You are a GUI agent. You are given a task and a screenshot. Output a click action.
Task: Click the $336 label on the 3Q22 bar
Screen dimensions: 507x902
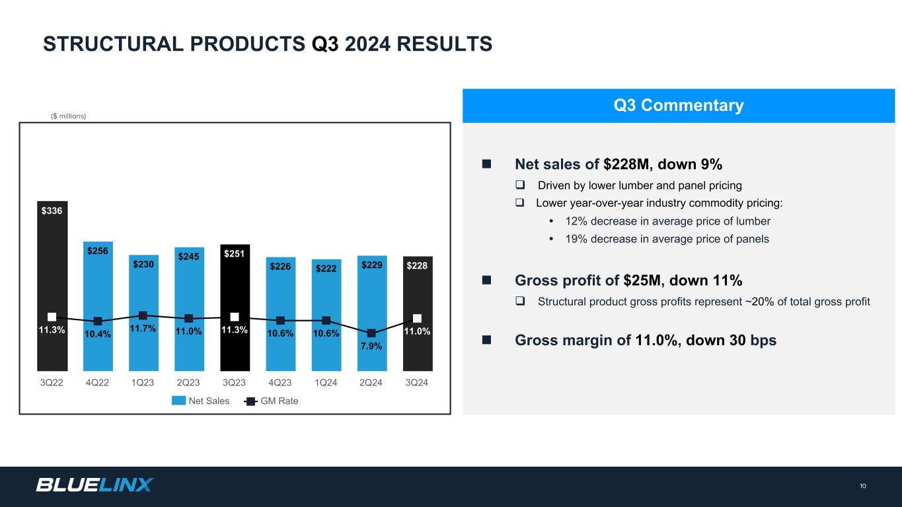(x=52, y=211)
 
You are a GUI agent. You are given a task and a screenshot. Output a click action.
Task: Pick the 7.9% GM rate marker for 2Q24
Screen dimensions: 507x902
(x=371, y=333)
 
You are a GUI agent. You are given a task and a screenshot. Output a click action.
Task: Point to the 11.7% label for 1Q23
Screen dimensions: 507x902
(x=143, y=328)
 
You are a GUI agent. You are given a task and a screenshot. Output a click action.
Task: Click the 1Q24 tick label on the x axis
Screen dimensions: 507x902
(x=326, y=383)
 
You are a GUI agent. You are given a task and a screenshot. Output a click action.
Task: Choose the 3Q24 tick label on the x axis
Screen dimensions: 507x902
(x=418, y=383)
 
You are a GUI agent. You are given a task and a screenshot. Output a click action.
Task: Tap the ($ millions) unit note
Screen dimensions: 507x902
(x=69, y=116)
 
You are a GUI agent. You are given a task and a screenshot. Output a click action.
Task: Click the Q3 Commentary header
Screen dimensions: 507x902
(x=678, y=106)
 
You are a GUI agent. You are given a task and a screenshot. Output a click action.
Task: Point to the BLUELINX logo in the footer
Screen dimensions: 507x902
(x=94, y=485)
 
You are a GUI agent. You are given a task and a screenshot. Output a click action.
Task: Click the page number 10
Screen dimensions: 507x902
(x=863, y=487)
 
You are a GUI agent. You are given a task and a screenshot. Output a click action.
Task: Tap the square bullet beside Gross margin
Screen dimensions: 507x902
(x=487, y=340)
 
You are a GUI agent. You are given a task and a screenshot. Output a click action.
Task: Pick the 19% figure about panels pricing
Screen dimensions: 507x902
(x=576, y=239)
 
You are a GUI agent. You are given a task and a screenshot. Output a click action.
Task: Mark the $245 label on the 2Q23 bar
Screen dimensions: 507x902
(x=188, y=257)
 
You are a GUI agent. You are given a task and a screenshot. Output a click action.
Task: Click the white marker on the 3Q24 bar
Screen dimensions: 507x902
(x=418, y=318)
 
